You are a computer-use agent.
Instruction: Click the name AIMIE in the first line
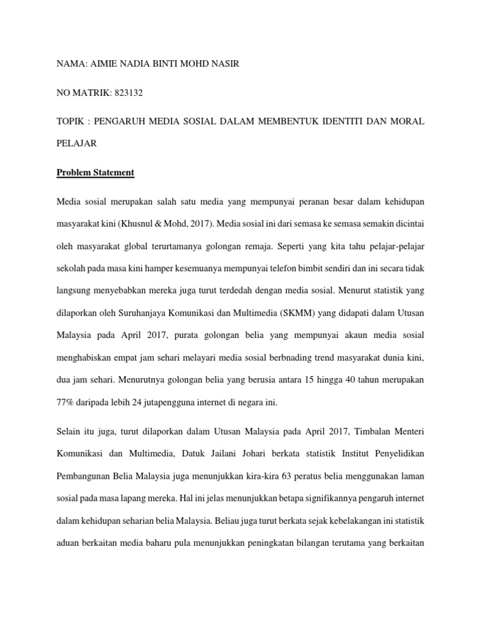(x=103, y=63)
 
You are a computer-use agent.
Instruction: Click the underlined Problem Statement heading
(x=95, y=172)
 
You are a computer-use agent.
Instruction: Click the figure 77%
(x=68, y=403)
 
